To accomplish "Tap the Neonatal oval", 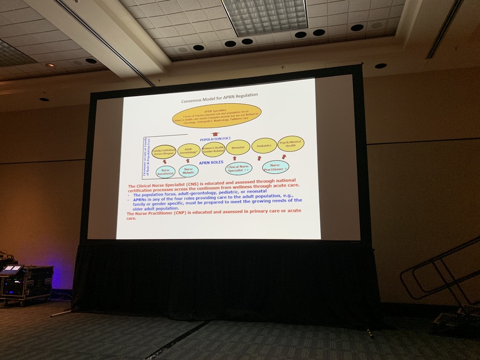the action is pyautogui.click(x=237, y=147).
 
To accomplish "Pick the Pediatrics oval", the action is pyautogui.click(x=264, y=146).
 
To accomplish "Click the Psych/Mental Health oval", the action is pyautogui.click(x=290, y=143).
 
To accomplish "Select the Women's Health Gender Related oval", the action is pyautogui.click(x=213, y=149).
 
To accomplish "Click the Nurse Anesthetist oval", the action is pyautogui.click(x=166, y=172).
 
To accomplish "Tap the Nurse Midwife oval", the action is pyautogui.click(x=189, y=170).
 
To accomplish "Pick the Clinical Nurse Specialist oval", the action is pyautogui.click(x=239, y=168).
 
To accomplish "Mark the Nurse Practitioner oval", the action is pyautogui.click(x=276, y=166).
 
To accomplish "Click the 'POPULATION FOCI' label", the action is pyautogui.click(x=217, y=138).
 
